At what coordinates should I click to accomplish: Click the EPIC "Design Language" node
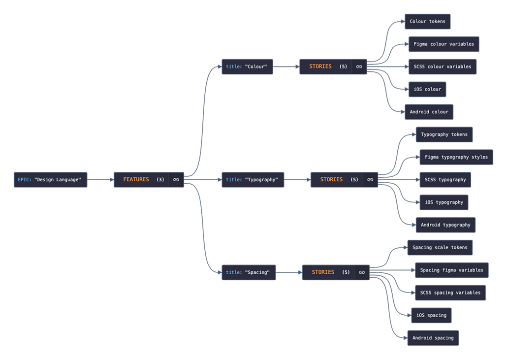[x=50, y=180]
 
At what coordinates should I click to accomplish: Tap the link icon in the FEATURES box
[x=176, y=180]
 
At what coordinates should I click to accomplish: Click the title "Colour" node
[x=247, y=66]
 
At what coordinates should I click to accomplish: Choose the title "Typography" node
[x=253, y=180]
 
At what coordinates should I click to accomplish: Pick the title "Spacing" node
[x=249, y=272]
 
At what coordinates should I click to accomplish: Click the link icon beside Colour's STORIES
[x=359, y=66]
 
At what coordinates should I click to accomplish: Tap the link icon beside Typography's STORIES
[x=370, y=180]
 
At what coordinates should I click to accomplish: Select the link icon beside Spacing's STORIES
[x=362, y=272]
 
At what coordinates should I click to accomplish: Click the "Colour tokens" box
[x=427, y=22]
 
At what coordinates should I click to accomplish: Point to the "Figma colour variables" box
[x=444, y=44]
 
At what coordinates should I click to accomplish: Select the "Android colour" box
[x=429, y=112]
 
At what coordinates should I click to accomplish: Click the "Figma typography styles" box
[x=456, y=157]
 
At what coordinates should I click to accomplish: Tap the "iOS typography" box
[x=444, y=202]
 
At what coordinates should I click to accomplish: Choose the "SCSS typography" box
[x=445, y=180]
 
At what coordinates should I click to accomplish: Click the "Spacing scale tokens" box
[x=440, y=247]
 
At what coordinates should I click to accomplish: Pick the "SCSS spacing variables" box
[x=450, y=293]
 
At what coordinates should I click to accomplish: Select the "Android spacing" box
[x=433, y=338]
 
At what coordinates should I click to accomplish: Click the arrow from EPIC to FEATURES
[x=100, y=180]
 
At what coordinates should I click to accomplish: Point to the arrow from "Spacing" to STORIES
[x=289, y=272]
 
